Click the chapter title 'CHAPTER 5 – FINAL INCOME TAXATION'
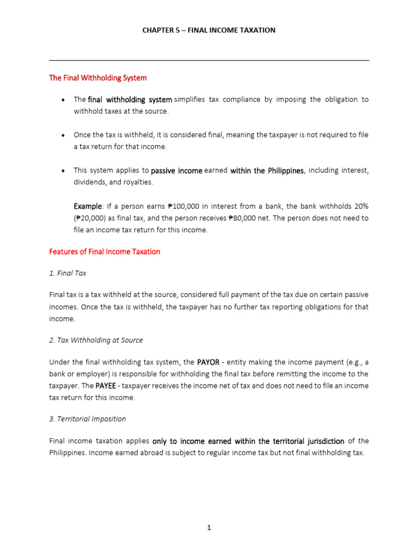pyautogui.click(x=209, y=30)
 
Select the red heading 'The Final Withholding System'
pyautogui.click(x=98, y=78)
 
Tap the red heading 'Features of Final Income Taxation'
pyautogui.click(x=104, y=252)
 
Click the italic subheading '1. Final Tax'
pyautogui.click(x=67, y=273)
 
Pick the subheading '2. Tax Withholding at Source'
pyautogui.click(x=96, y=340)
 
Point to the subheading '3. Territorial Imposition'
pyautogui.click(x=87, y=419)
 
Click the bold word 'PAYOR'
pyautogui.click(x=208, y=362)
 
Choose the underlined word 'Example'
pyautogui.click(x=88, y=206)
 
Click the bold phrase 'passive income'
pyautogui.click(x=176, y=171)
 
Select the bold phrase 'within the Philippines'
pyautogui.click(x=267, y=171)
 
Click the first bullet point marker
pyautogui.click(x=64, y=100)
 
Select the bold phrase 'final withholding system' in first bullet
pyautogui.click(x=130, y=100)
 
